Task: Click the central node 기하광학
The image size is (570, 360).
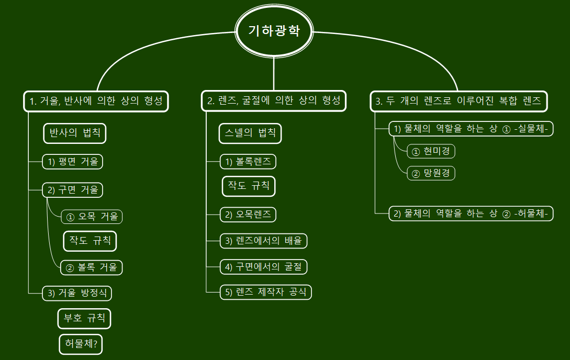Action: [274, 31]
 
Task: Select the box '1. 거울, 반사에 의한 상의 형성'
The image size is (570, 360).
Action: [96, 100]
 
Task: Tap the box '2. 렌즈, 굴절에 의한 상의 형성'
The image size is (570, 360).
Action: [274, 100]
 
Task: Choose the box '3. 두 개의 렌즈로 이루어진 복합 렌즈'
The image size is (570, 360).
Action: [459, 100]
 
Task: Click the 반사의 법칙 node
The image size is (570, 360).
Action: [74, 133]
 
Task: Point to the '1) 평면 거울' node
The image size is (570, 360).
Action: [73, 162]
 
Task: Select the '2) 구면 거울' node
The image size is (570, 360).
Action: [73, 190]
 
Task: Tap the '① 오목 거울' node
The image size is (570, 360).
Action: [92, 216]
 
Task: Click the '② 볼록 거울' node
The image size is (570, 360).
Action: [92, 267]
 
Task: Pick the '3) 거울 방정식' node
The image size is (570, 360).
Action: [77, 293]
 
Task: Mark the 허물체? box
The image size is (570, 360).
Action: [81, 344]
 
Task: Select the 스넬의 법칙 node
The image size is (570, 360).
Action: [250, 133]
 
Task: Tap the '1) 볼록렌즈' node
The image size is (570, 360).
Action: [248, 162]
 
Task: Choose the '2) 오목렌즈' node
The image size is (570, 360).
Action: [248, 215]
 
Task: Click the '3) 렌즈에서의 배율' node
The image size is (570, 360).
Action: [263, 241]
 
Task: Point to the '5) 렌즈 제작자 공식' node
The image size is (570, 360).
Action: [266, 292]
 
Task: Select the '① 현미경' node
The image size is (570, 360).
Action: [431, 152]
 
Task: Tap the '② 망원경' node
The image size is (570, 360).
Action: [431, 173]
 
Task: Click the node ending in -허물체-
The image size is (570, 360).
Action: [471, 213]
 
